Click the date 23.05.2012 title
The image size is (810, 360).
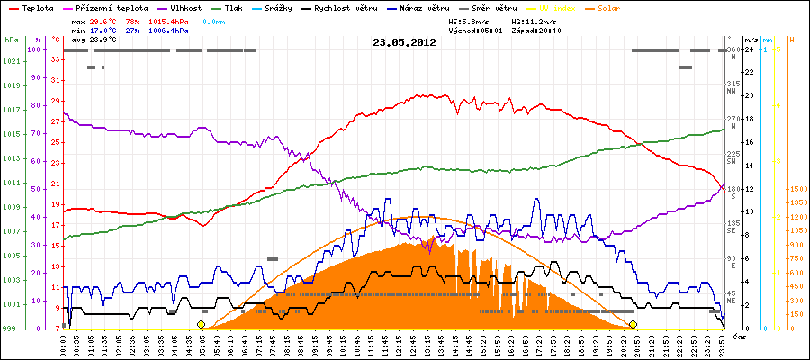point(404,41)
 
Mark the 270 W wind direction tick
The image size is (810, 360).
point(733,120)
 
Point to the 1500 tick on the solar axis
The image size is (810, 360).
point(797,190)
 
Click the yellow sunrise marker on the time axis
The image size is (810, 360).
point(201,324)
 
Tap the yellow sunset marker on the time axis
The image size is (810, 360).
point(633,324)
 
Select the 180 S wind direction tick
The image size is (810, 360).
point(733,189)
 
